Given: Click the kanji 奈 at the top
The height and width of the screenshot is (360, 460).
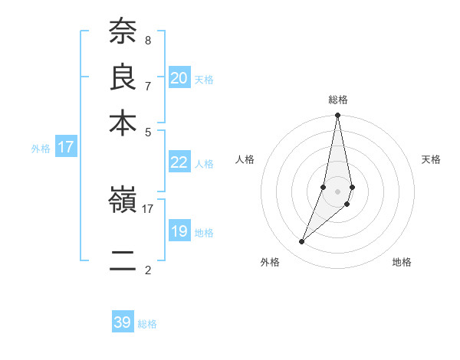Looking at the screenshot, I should (123, 32).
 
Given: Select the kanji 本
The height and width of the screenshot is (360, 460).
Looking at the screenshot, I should (123, 122).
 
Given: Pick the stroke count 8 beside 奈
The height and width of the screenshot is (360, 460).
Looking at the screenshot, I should (147, 40).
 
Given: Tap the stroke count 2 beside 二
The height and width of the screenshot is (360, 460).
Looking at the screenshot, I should (147, 270).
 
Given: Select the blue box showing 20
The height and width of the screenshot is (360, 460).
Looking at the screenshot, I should (179, 77).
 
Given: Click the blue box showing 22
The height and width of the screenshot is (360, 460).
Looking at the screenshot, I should (179, 162).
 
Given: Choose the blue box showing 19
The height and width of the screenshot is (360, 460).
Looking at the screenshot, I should (179, 232).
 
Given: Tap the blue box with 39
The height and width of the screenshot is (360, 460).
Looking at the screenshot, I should (123, 322).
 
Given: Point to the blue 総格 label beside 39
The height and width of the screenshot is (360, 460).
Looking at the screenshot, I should (148, 324).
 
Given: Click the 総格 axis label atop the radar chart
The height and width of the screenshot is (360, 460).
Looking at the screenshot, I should (338, 100).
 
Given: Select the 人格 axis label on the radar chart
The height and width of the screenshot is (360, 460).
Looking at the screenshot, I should (245, 159).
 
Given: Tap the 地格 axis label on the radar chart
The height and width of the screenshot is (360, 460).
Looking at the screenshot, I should (402, 262).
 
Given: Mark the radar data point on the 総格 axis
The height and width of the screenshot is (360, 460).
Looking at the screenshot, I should (338, 116).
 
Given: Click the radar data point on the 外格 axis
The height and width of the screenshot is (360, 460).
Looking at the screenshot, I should (302, 242).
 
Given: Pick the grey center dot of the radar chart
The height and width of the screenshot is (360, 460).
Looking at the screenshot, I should (338, 191).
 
